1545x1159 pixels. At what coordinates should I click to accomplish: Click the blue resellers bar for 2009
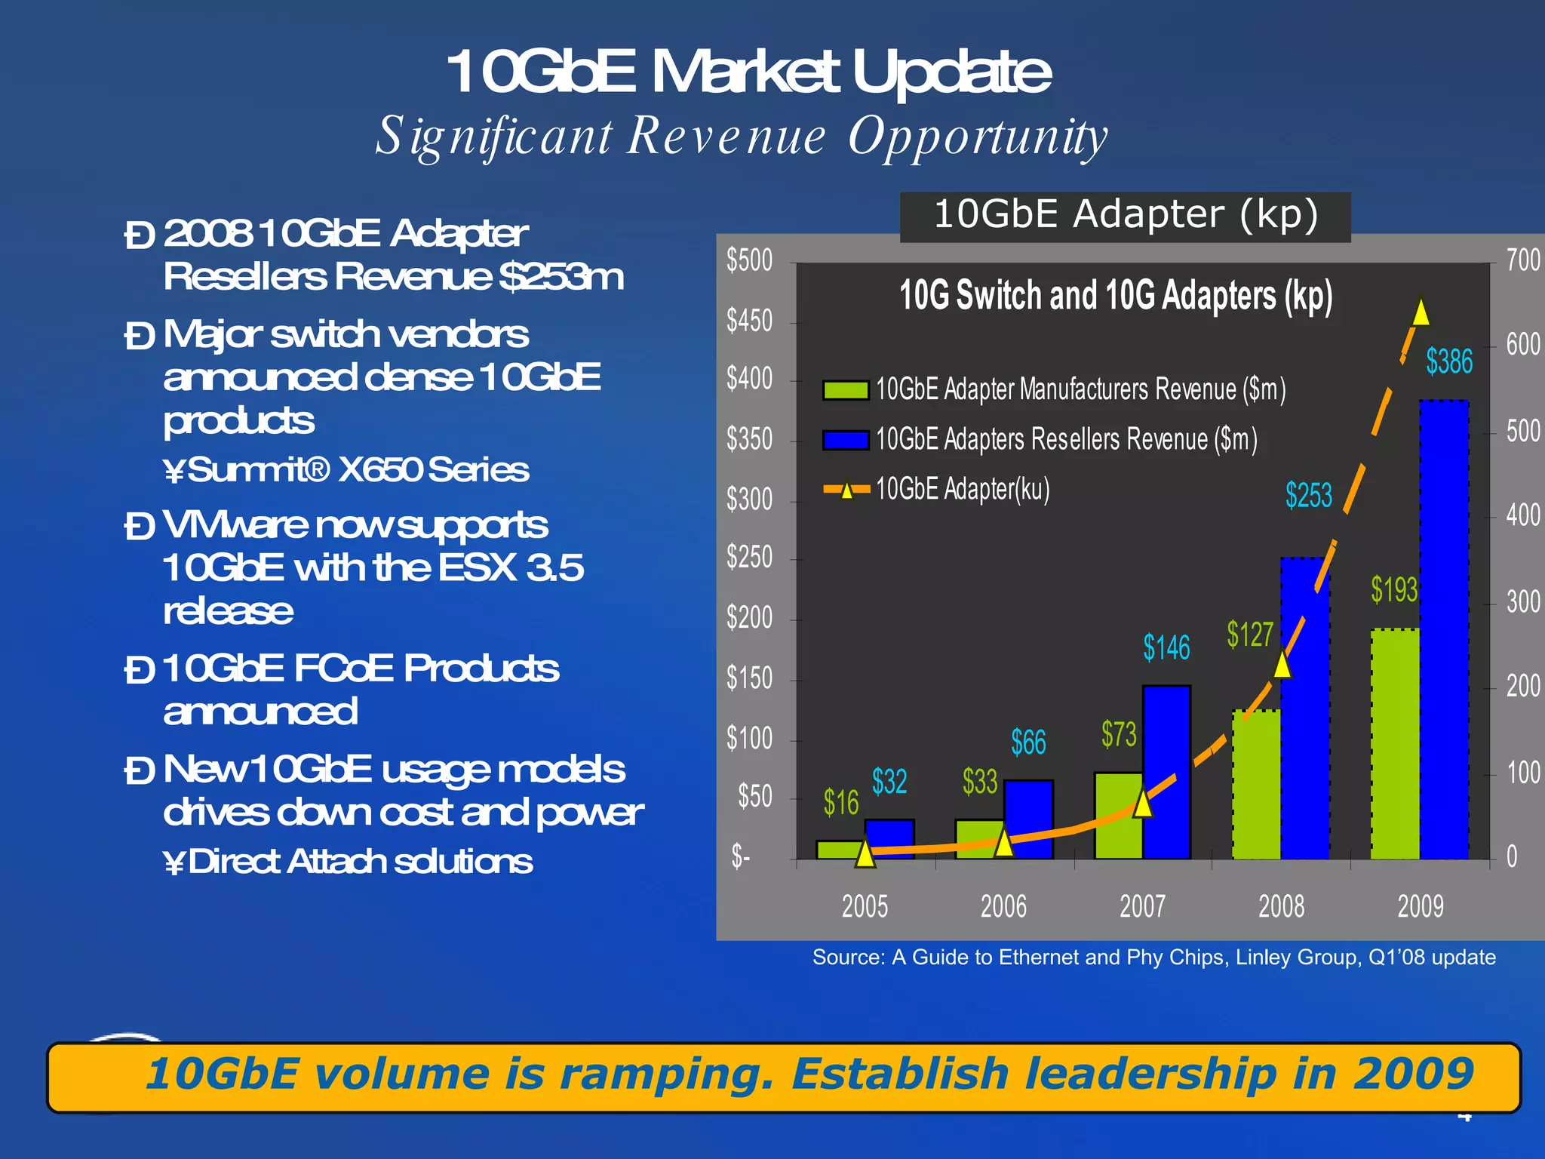coord(1444,630)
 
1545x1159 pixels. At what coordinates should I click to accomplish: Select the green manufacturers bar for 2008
coord(1256,785)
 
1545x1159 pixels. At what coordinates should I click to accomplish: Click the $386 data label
coord(1448,361)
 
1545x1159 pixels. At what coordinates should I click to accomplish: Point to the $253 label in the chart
coord(1309,496)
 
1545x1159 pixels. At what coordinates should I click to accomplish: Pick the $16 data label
coord(840,802)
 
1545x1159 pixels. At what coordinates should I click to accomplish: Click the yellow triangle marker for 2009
coord(1421,312)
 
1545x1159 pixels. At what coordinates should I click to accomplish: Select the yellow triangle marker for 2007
coord(1143,803)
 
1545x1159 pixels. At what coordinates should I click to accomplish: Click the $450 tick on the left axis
coord(749,321)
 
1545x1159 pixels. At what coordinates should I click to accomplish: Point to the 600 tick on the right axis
coord(1522,345)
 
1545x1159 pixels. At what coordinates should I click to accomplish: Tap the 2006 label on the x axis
coord(1003,905)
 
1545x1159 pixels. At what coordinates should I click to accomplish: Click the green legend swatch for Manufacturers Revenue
coord(846,390)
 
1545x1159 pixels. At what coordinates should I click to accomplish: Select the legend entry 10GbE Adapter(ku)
coord(963,489)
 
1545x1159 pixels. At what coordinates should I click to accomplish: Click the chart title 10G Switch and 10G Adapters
coord(1116,295)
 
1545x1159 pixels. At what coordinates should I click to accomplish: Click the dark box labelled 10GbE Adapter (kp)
coord(1125,215)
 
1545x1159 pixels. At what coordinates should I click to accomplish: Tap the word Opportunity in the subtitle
coord(978,137)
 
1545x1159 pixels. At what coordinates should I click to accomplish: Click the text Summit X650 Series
coord(358,469)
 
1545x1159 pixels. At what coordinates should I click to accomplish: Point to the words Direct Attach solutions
coord(360,861)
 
